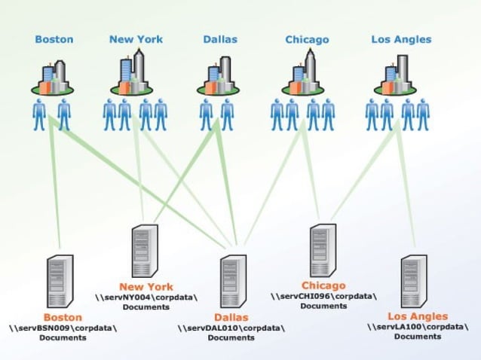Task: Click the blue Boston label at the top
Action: [x=54, y=39]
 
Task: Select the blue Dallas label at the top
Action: [x=220, y=39]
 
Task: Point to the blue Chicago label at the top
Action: [x=307, y=39]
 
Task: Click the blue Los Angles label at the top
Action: [x=401, y=39]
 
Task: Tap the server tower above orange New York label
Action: [x=144, y=251]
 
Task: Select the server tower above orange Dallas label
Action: [x=231, y=281]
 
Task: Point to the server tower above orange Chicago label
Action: [x=322, y=251]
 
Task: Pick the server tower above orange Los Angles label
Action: [x=415, y=282]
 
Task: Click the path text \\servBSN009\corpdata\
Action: [x=63, y=328]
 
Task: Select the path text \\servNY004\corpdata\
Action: [x=146, y=297]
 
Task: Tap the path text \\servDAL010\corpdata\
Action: [x=231, y=328]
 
